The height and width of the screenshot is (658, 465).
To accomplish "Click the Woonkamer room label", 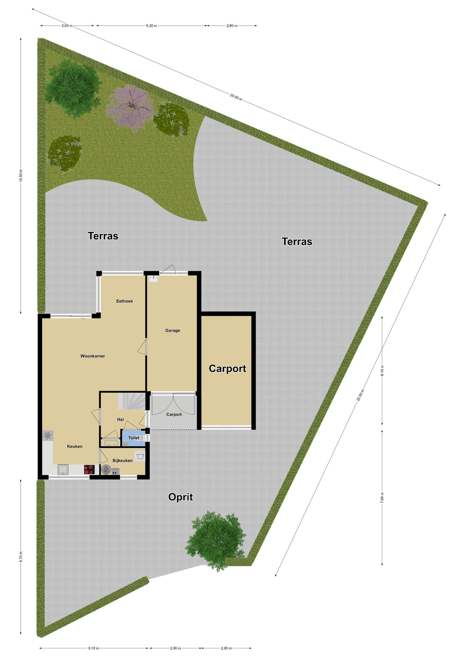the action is pos(92,356).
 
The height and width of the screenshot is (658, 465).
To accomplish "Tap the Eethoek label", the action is pos(125,301).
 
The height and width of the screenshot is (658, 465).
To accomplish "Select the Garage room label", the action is pos(172,330).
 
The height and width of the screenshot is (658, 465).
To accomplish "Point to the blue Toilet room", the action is pos(134,438).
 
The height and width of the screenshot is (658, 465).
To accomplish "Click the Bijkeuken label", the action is pos(122,460).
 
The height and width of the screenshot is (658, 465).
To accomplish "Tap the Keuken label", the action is pos(75,446).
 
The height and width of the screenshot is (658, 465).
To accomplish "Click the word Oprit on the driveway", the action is pos(180,497).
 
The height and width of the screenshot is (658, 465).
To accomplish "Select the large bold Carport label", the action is pos(227,369).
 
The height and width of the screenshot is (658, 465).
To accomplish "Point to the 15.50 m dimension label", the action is pos(21,175).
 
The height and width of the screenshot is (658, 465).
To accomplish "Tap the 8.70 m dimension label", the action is pos(21,556).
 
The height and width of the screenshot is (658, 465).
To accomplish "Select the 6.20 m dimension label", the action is pos(151,26).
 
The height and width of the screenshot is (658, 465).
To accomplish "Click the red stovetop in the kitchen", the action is pos(90,470).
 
